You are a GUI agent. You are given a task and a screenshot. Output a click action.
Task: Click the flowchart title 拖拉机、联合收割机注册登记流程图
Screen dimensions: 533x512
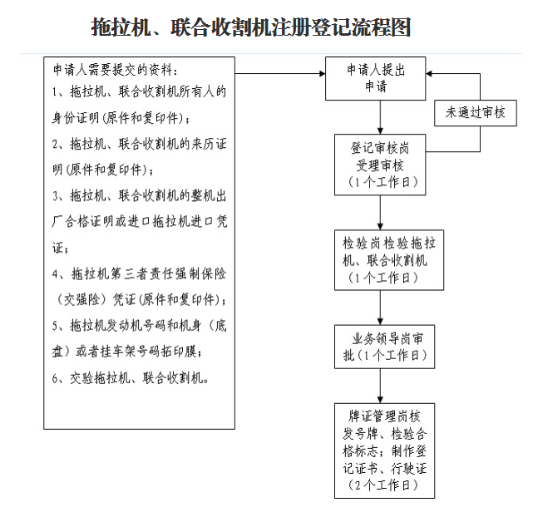click(x=251, y=27)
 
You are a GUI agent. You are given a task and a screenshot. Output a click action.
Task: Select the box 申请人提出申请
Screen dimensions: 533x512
click(x=375, y=78)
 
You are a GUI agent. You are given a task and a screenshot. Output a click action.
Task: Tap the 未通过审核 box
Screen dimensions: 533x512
click(x=476, y=113)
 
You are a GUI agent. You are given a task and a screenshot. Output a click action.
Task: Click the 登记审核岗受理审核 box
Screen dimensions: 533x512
click(x=380, y=165)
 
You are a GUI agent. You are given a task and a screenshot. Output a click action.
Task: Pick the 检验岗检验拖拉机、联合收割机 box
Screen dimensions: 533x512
click(x=389, y=260)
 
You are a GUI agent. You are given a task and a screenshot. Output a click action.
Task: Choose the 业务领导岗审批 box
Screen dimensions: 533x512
click(x=384, y=347)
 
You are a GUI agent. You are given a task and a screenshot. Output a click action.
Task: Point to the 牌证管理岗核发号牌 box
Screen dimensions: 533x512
click(x=384, y=450)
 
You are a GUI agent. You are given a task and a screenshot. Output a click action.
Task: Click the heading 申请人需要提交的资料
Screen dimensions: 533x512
click(x=116, y=70)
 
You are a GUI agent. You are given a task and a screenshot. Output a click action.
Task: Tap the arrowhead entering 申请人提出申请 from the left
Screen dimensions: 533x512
click(x=322, y=73)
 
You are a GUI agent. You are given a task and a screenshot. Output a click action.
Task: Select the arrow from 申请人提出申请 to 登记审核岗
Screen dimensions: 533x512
click(x=380, y=117)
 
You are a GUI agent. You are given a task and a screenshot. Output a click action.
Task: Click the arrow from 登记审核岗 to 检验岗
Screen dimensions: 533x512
click(x=380, y=213)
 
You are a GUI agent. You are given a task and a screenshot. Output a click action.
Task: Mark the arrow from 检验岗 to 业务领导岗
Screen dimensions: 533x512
click(x=380, y=308)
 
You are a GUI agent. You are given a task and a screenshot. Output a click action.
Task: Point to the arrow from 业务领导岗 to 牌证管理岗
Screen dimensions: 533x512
click(x=380, y=386)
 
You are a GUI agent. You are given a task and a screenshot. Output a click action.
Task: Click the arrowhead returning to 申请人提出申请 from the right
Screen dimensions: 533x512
click(x=429, y=73)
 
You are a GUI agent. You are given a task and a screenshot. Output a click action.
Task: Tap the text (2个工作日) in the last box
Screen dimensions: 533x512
click(x=383, y=485)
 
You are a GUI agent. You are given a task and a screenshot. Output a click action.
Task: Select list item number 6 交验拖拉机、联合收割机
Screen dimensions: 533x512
click(x=131, y=378)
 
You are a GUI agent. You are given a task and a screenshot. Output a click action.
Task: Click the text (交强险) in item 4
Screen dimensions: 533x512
click(x=81, y=300)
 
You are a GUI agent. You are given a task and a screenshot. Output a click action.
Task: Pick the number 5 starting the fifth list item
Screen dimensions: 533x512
click(x=55, y=326)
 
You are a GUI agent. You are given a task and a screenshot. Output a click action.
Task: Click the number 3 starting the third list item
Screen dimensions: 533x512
click(x=55, y=196)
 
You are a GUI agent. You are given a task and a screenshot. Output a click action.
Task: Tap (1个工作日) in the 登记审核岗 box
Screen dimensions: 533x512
click(x=383, y=182)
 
